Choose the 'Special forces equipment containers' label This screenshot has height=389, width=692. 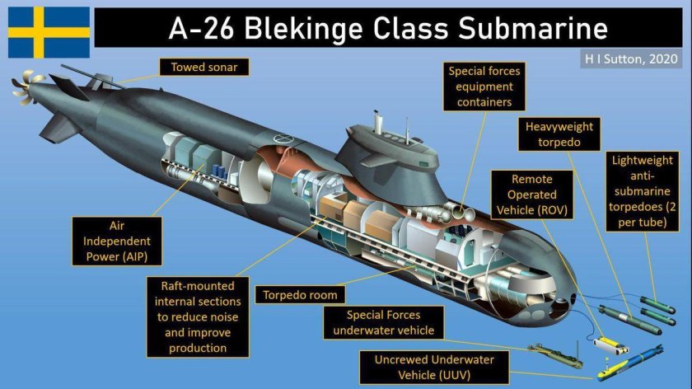tap(484, 87)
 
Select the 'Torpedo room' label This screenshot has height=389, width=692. tap(299, 294)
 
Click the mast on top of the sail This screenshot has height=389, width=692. tap(378, 121)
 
